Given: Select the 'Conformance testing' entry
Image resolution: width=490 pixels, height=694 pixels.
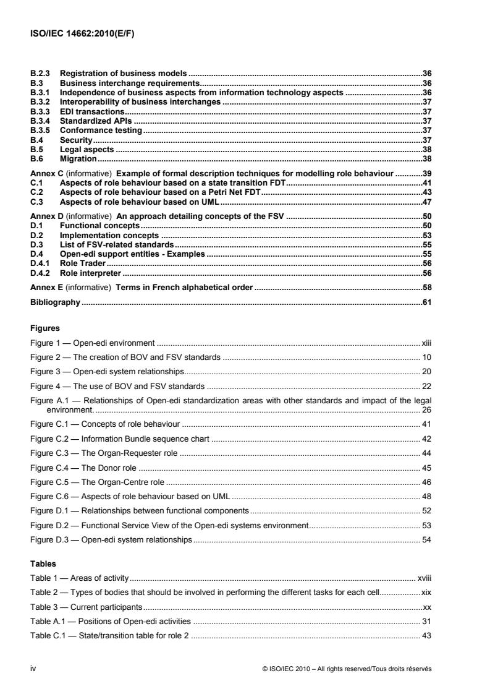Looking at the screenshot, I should point(101,131).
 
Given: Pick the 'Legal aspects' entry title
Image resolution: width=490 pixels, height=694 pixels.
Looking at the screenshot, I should point(87,150).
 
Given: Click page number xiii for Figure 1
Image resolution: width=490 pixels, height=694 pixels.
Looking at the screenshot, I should point(425,341).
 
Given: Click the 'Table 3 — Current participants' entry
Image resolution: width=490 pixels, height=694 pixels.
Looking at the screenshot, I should point(87,606).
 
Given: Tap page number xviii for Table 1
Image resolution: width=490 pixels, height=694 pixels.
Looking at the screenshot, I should point(423,578).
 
